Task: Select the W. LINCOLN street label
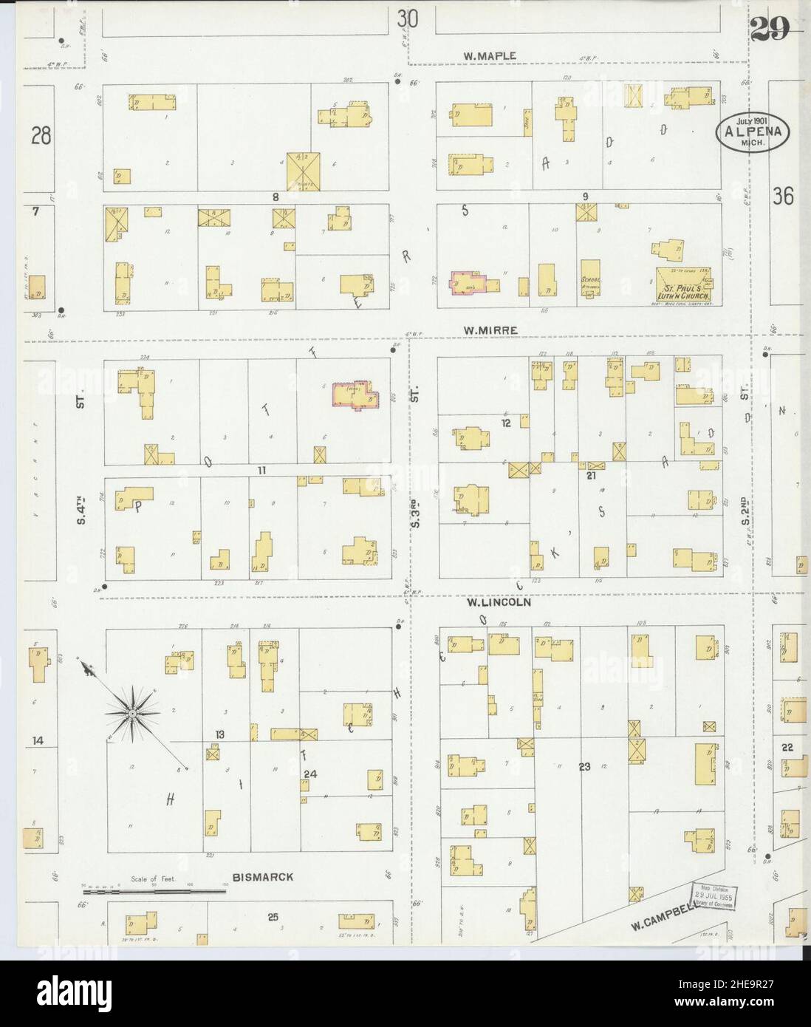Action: click(499, 602)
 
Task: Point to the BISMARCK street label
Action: click(262, 877)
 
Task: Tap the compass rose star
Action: click(131, 714)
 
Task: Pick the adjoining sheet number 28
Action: click(41, 136)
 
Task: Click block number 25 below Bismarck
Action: click(272, 918)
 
